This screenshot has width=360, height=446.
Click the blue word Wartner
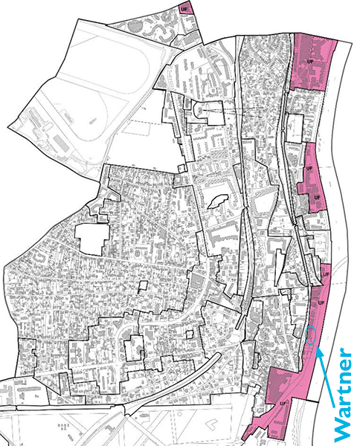point(343,393)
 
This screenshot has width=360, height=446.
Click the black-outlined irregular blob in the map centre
point(218,199)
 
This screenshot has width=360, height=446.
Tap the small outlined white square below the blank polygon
point(144,285)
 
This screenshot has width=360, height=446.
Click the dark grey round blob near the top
point(133,27)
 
